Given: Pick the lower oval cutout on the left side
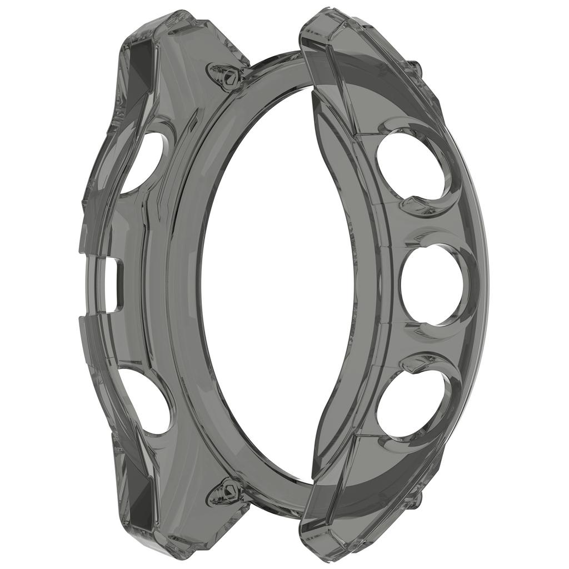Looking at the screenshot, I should (x=146, y=400).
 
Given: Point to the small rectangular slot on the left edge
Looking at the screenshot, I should (x=114, y=284).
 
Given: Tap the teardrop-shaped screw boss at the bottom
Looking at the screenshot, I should (x=226, y=492).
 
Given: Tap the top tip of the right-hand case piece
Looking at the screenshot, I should (x=328, y=14).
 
